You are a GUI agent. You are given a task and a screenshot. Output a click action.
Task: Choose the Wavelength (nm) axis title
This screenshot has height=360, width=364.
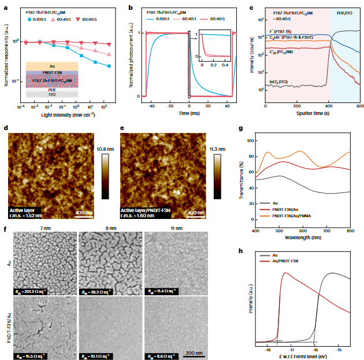pos(303,236)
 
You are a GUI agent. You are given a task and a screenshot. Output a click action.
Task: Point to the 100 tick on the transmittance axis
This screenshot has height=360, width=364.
pos(249,140)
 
